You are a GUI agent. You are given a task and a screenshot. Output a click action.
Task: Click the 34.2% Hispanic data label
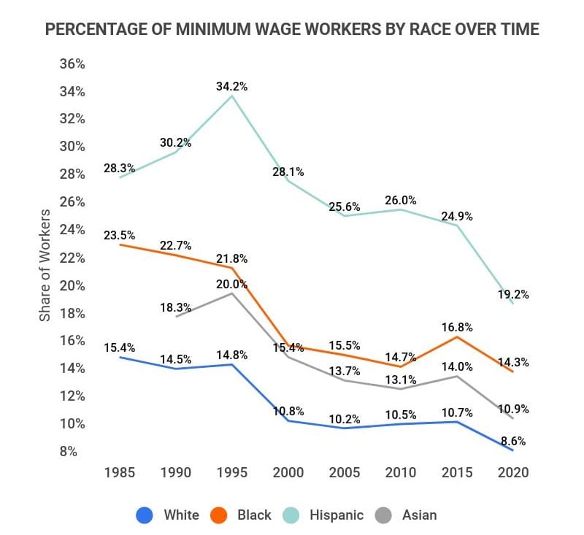point(231,86)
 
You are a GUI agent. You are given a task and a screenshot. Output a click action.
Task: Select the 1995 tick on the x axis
point(232,472)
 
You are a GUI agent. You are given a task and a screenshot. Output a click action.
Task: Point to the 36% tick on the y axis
point(72,63)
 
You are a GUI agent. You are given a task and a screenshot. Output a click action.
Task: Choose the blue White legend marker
point(145,515)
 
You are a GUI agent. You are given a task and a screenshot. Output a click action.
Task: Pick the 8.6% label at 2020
point(512,442)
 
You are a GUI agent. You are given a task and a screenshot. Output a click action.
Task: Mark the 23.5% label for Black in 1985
point(119,235)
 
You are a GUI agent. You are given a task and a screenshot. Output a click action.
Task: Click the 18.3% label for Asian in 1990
point(175,308)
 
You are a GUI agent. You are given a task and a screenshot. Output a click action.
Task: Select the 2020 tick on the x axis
point(512,472)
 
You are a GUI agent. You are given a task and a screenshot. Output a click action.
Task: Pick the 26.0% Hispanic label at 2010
point(400,199)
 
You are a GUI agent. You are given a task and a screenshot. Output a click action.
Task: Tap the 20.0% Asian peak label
point(231,284)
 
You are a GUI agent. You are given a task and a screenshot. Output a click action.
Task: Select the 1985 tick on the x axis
point(118,472)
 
